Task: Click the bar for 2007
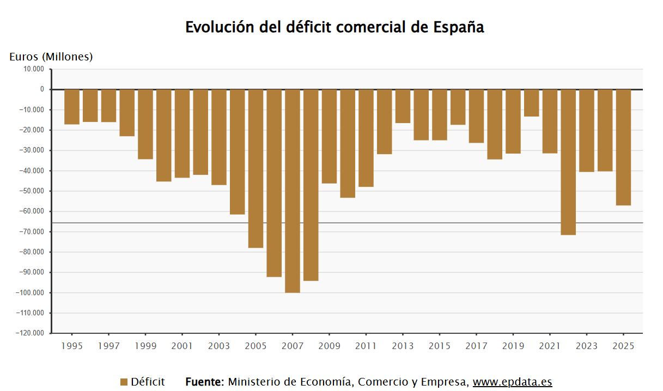pyautogui.click(x=293, y=191)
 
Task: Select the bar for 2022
pyautogui.click(x=568, y=162)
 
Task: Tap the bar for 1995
pyautogui.click(x=72, y=107)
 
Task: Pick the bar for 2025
pyautogui.click(x=623, y=147)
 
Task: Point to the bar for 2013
pyautogui.click(x=403, y=106)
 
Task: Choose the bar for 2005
pyautogui.click(x=256, y=168)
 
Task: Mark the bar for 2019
pyautogui.click(x=513, y=121)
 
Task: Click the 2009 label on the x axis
pyautogui.click(x=329, y=346)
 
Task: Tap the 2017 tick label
pyautogui.click(x=476, y=346)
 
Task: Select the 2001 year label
pyautogui.click(x=182, y=346)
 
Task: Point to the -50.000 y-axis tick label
pyautogui.click(x=34, y=191)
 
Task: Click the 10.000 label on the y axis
pyautogui.click(x=34, y=69)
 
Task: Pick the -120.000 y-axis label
pyautogui.click(x=32, y=333)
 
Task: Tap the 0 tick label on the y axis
pyautogui.click(x=42, y=89)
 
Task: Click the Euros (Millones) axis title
pyautogui.click(x=51, y=57)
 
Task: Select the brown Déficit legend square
pyautogui.click(x=124, y=382)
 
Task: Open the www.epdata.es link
pyautogui.click(x=512, y=382)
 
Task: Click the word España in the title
pyautogui.click(x=459, y=27)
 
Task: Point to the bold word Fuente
pyautogui.click(x=204, y=382)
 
